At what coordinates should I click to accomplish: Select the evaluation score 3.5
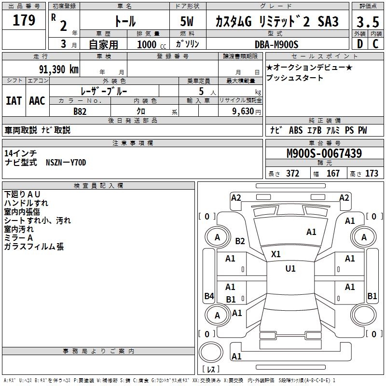click(368, 22)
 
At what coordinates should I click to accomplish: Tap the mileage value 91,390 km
click(59, 69)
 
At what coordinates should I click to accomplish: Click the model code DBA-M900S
click(276, 44)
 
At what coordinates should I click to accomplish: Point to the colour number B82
click(80, 111)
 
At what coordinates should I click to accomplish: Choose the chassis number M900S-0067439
click(324, 154)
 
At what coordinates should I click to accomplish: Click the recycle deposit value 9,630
click(244, 111)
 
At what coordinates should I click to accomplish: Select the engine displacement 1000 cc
click(151, 44)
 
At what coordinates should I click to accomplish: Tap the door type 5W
click(187, 22)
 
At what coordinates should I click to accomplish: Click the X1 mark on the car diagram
click(276, 254)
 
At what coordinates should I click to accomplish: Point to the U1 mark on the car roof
click(290, 268)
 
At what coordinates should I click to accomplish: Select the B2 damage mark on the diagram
click(240, 241)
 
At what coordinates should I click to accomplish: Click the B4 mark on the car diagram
click(208, 296)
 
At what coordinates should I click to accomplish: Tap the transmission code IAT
click(14, 100)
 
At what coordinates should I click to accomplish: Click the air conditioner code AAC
click(37, 100)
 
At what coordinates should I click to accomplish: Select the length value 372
click(292, 174)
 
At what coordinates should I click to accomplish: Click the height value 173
click(372, 174)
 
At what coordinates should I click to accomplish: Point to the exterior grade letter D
click(359, 44)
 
